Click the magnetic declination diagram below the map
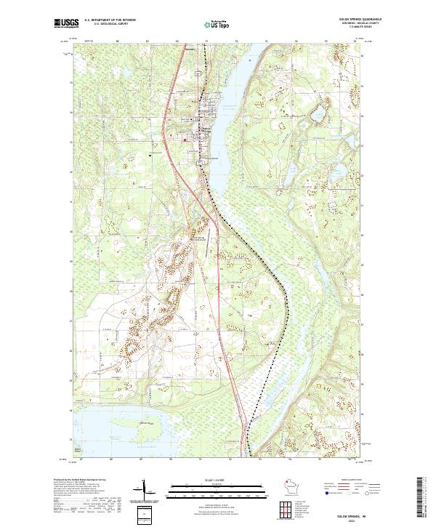tap(146, 493)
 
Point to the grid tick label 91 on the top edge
tap(206, 41)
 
